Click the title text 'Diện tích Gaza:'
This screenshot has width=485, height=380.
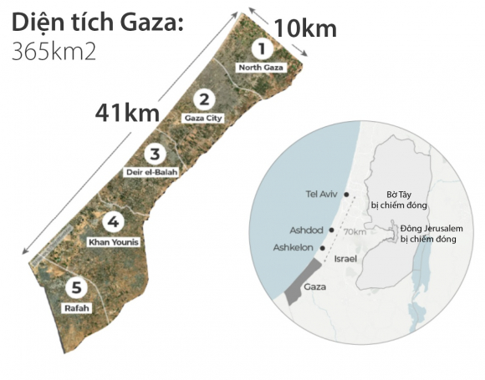[95, 22]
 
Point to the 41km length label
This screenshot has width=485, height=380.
[131, 112]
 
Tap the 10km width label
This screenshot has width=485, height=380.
[305, 29]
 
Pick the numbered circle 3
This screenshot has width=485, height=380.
[153, 154]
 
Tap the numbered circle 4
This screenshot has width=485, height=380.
[112, 222]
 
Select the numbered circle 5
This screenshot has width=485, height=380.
[77, 289]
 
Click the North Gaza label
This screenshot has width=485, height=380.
[261, 66]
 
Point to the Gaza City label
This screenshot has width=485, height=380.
[202, 119]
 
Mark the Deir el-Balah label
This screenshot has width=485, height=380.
[153, 171]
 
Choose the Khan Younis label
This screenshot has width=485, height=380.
[113, 241]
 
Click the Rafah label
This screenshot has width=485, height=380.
[76, 307]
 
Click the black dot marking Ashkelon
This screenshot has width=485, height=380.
[323, 248]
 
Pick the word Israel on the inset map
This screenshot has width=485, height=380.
[345, 260]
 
